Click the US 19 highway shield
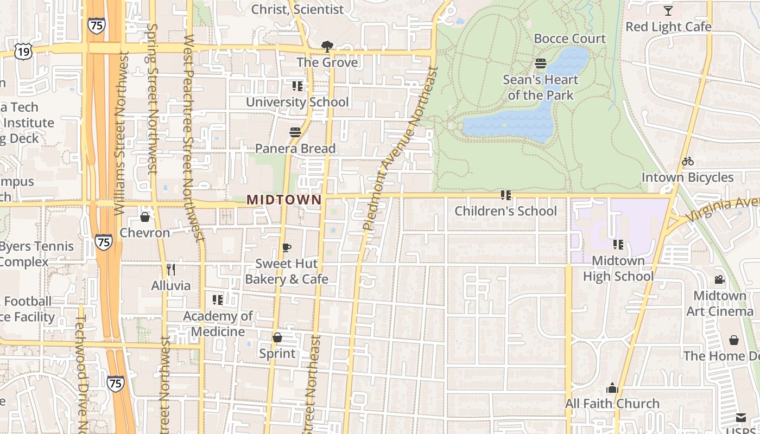pyautogui.click(x=24, y=52)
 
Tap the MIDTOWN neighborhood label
pyautogui.click(x=284, y=200)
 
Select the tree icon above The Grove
pyautogui.click(x=327, y=47)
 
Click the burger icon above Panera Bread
pyautogui.click(x=295, y=132)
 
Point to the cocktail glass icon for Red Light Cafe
pyautogui.click(x=668, y=11)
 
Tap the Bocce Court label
pyautogui.click(x=569, y=39)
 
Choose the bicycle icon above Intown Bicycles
pyautogui.click(x=688, y=161)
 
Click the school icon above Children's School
pyautogui.click(x=506, y=195)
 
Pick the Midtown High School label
pyautogui.click(x=618, y=269)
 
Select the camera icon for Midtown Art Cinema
pyautogui.click(x=720, y=280)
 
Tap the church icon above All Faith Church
pyautogui.click(x=612, y=388)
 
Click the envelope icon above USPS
pyautogui.click(x=741, y=417)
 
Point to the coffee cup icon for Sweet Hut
pyautogui.click(x=287, y=248)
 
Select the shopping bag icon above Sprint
pyautogui.click(x=277, y=337)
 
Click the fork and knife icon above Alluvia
pyautogui.click(x=171, y=269)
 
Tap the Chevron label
pyautogui.click(x=145, y=233)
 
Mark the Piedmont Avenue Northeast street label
pyautogui.click(x=400, y=148)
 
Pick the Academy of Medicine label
pyautogui.click(x=218, y=324)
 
